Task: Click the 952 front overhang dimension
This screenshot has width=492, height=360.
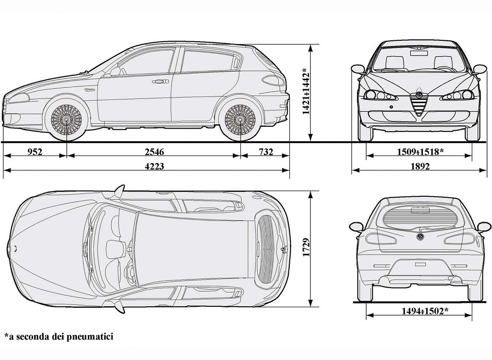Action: click(x=35, y=152)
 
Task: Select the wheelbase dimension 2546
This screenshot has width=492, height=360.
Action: click(x=154, y=152)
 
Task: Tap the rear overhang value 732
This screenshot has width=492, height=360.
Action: click(x=266, y=152)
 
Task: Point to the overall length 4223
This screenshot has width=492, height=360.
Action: click(x=154, y=166)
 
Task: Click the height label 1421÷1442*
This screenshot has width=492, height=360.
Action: click(x=306, y=91)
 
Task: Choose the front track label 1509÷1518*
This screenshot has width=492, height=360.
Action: click(x=420, y=152)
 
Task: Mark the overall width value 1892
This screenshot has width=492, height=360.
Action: click(x=420, y=166)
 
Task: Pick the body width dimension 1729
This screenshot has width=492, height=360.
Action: click(x=306, y=247)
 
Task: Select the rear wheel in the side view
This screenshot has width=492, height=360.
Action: click(x=240, y=120)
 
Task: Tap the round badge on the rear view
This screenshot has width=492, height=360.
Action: click(x=420, y=237)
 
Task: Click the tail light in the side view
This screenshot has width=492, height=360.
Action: click(x=273, y=80)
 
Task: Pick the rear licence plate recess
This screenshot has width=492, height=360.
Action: click(x=420, y=272)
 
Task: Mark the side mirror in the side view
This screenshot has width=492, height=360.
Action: click(x=115, y=72)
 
